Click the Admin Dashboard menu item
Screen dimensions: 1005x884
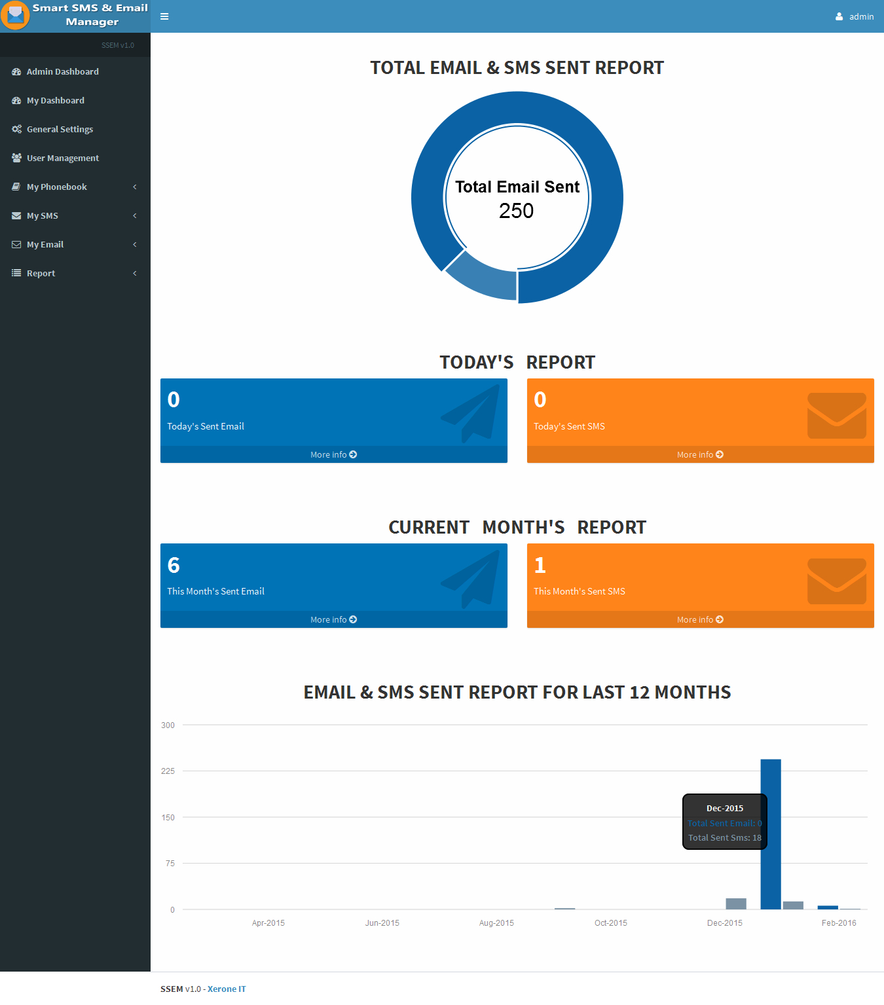[62, 72]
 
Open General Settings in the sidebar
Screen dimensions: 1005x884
[60, 130]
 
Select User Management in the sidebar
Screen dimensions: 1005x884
[62, 158]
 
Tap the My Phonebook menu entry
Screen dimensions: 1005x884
[56, 187]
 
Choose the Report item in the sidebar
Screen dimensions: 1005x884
[41, 274]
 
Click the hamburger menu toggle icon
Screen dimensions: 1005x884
[164, 16]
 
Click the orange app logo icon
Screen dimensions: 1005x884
[15, 15]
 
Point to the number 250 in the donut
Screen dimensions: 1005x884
[516, 211]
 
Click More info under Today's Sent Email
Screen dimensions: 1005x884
[333, 454]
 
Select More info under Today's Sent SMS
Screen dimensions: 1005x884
[700, 454]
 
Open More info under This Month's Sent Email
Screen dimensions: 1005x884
[333, 619]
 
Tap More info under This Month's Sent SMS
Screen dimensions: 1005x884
[700, 619]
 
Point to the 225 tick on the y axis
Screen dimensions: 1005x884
[168, 771]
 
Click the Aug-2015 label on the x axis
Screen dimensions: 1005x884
[496, 923]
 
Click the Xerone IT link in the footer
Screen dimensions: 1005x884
[227, 989]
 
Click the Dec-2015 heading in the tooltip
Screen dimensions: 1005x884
[725, 809]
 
